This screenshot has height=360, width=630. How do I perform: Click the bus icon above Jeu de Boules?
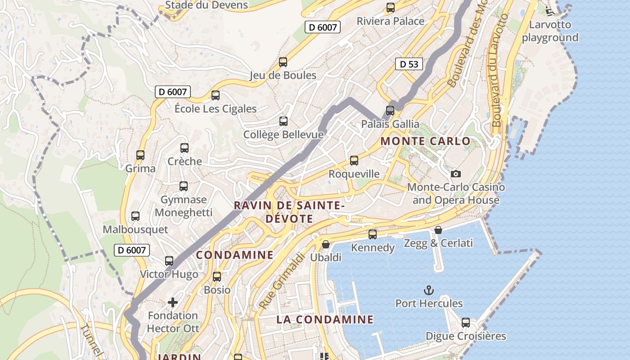283,62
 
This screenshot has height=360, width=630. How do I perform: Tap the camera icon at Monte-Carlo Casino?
455,174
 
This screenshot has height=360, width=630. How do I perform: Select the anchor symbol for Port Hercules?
429,290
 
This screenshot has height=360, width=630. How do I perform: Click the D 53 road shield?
409,64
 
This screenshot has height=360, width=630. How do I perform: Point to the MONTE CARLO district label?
425,141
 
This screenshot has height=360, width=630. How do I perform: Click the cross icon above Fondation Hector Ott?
173,302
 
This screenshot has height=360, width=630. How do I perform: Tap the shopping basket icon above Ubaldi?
326,244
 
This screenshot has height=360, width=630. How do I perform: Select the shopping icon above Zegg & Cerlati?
438,230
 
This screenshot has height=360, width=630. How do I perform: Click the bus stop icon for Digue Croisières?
466,323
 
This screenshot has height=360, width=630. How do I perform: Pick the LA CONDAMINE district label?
325,320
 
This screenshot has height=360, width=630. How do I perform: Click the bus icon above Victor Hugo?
169,261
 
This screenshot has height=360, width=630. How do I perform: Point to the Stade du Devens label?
207,5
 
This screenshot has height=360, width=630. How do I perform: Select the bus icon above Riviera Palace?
391,8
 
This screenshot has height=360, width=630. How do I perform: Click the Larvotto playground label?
550,31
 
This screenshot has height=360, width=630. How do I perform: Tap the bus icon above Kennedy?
373,234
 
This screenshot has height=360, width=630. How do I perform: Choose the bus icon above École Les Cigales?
216,95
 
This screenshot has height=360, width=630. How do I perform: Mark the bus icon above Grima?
140,155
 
